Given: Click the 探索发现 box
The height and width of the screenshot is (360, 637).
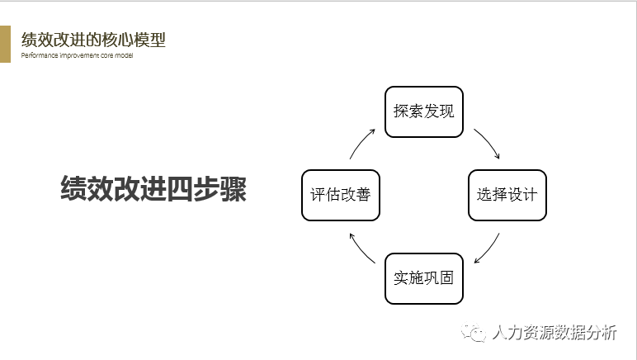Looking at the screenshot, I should pyautogui.click(x=424, y=111).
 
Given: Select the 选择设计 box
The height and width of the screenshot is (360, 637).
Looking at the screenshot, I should pyautogui.click(x=507, y=195).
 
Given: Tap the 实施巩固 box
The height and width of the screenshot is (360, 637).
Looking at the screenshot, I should pyautogui.click(x=424, y=278).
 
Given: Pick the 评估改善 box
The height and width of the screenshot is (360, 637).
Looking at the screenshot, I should pyautogui.click(x=340, y=195).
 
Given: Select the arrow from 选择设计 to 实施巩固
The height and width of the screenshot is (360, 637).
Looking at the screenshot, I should pyautogui.click(x=487, y=245).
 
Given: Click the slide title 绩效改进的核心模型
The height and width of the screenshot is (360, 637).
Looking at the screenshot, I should pyautogui.click(x=93, y=39).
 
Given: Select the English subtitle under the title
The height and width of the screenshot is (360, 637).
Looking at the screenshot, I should pyautogui.click(x=77, y=55).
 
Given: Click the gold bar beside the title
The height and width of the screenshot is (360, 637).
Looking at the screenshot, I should pyautogui.click(x=5, y=44).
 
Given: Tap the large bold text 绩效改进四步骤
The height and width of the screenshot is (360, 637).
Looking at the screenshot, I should pyautogui.click(x=153, y=188).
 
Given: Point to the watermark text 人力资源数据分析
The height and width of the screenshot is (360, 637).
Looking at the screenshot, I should pyautogui.click(x=554, y=333).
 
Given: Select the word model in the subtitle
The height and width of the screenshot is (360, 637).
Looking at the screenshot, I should pyautogui.click(x=124, y=55).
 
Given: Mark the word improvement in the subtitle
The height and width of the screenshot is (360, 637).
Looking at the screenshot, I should pyautogui.click(x=77, y=55).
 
